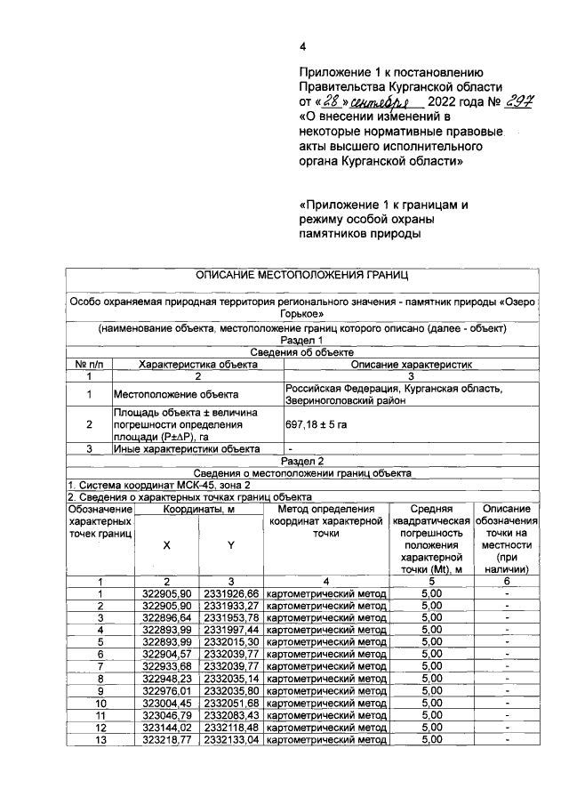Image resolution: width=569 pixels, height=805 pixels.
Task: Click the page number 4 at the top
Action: pyautogui.click(x=302, y=47)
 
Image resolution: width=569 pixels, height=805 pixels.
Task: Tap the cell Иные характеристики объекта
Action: pyautogui.click(x=186, y=449)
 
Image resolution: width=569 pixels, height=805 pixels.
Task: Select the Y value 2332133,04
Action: pyautogui.click(x=231, y=740)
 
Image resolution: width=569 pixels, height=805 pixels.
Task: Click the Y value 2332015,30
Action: pyautogui.click(x=231, y=640)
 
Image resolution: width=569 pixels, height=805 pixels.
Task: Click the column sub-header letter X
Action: pyautogui.click(x=166, y=544)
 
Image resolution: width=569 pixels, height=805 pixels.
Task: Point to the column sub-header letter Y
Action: pyautogui.click(x=231, y=544)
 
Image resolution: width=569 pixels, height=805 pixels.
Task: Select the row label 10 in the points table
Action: pyautogui.click(x=100, y=703)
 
